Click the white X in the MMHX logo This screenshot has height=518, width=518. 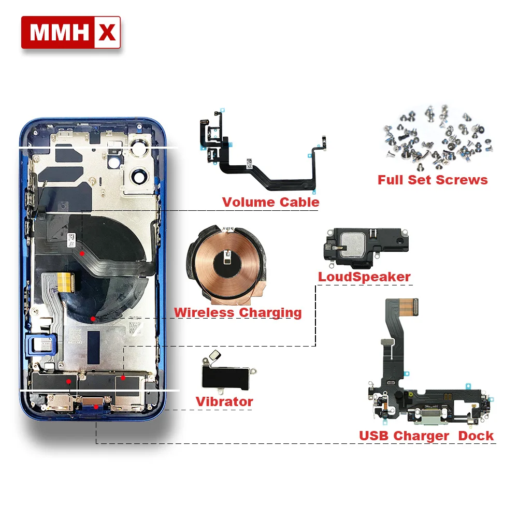[x=107, y=32]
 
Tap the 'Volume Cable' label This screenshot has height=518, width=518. [x=270, y=202]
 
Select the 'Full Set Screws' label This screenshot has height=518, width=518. [x=433, y=180]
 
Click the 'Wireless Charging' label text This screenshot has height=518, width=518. [x=238, y=312]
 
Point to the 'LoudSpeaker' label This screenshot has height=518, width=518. [x=364, y=277]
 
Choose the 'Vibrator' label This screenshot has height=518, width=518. [x=224, y=402]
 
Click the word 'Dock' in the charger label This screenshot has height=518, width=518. [x=476, y=436]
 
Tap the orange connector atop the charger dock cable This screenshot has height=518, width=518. [x=409, y=307]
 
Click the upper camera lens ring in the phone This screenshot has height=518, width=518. [x=139, y=147]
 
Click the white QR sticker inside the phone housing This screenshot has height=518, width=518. [x=71, y=240]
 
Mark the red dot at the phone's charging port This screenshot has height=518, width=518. [x=96, y=407]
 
